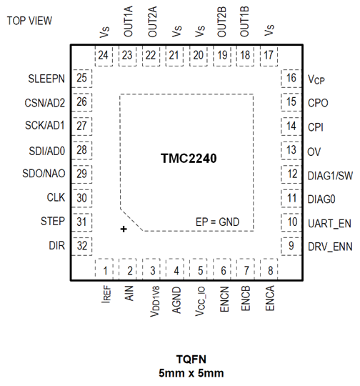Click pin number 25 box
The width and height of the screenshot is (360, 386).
pos(84,79)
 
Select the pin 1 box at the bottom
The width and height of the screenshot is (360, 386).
pos(106,270)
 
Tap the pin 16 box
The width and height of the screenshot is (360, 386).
pos(291,79)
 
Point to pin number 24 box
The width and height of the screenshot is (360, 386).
pos(106,55)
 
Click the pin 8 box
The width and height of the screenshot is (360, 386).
pos(270,270)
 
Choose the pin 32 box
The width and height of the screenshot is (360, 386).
pos(84,246)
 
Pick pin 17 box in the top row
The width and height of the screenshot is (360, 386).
pos(270,55)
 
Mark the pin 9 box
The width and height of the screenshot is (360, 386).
pos(291,246)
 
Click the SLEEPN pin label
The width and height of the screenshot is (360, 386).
pos(47,79)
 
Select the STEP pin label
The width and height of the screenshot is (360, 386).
pos(54,222)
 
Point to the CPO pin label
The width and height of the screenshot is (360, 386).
pos(317,103)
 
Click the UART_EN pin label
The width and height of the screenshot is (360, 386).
pos(329,223)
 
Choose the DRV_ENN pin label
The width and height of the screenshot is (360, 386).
pos(329,247)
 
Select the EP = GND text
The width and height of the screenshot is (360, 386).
pos(217,222)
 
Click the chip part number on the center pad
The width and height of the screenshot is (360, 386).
pos(194,157)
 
